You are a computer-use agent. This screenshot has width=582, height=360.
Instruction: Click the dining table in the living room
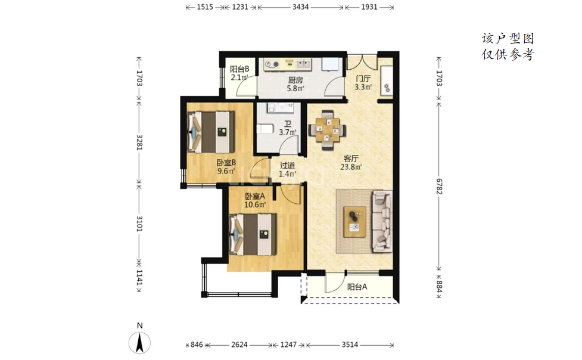tap(328, 130)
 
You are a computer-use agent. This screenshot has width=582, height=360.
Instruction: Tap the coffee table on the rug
tap(355, 222)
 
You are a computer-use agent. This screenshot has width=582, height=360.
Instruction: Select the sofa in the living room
tap(382, 222)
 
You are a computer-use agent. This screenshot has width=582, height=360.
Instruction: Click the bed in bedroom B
tap(211, 132)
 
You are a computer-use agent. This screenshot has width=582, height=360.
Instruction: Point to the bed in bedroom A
tap(253, 234)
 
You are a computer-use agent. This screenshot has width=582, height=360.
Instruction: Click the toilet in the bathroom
tap(264, 129)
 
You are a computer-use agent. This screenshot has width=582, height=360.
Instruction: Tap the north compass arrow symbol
tap(139, 343)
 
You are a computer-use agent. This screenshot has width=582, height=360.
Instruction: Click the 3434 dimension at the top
tap(300, 7)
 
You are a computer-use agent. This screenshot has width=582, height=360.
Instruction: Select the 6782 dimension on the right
tap(439, 186)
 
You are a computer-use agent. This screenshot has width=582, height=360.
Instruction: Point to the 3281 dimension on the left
tap(139, 142)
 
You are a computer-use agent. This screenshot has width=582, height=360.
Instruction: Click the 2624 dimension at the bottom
tap(239, 345)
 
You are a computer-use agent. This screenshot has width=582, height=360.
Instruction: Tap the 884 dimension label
tap(439, 287)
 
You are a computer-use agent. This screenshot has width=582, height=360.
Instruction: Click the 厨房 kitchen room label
tap(295, 80)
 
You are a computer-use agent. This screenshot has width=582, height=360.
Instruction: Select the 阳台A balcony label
tap(357, 287)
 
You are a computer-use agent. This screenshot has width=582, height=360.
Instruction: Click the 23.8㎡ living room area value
tap(351, 167)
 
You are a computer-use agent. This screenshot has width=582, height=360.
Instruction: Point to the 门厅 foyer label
tap(363, 79)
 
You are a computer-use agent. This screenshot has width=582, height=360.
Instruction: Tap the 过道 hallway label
tap(287, 166)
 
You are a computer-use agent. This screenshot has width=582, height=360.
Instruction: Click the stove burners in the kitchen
tap(272, 64)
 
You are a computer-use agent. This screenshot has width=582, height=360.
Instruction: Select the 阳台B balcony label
tap(239, 69)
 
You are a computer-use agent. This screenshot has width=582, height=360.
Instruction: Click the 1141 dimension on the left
tap(139, 278)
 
